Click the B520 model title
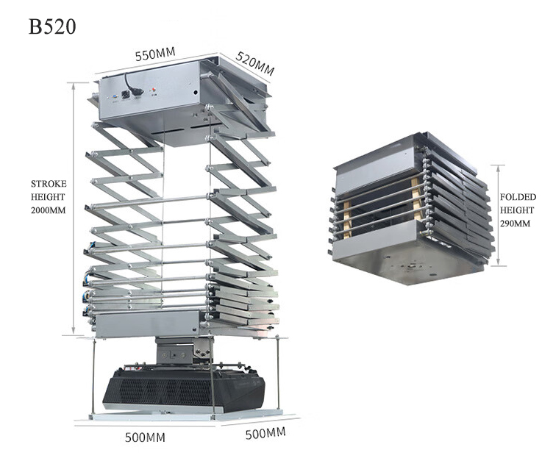(52, 26)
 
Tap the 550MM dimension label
(155, 54)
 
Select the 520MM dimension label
(255, 63)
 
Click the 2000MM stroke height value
(49, 210)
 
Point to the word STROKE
(49, 184)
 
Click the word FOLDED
(518, 197)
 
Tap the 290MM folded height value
(515, 224)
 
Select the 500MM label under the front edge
(145, 437)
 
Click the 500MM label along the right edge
(265, 433)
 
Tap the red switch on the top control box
(153, 91)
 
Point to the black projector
(184, 390)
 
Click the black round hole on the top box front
(196, 93)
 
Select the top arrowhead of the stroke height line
(74, 86)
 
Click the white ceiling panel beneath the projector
(187, 415)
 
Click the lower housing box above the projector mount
(148, 324)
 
